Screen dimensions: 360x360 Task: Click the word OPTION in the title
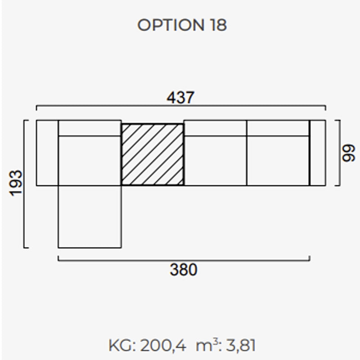click(171, 25)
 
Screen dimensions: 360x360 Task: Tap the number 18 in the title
click(218, 25)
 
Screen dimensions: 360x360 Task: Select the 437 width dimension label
click(180, 98)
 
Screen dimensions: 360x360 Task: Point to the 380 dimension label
click(184, 270)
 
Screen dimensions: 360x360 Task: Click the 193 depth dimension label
click(16, 183)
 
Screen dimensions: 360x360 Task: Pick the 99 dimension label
click(348, 153)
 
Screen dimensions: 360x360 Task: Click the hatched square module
click(153, 154)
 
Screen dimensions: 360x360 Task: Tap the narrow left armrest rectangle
click(47, 153)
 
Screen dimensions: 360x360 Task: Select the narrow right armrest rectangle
click(318, 153)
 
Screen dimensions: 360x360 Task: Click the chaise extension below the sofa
click(90, 216)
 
